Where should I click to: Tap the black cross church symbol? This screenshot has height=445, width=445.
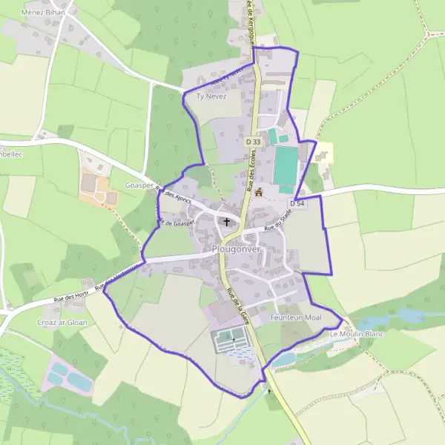click(x=226, y=221)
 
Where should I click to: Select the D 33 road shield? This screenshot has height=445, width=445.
click(x=254, y=141)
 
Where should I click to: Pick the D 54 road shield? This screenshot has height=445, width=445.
click(x=297, y=202)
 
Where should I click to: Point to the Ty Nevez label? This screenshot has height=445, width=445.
click(x=211, y=96)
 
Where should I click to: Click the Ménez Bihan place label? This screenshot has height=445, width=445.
click(x=44, y=13)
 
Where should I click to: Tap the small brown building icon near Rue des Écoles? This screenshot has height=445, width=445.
click(x=259, y=192)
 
